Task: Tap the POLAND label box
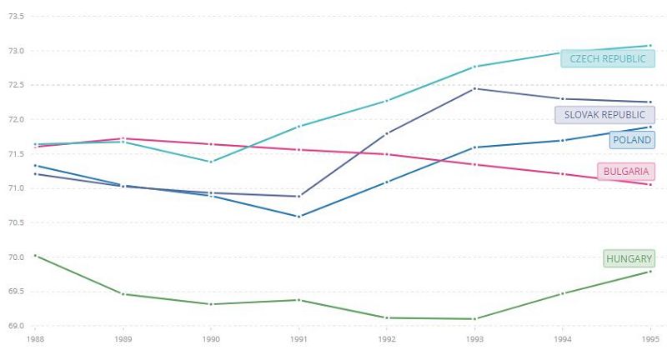[x=631, y=140]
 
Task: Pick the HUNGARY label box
[x=629, y=259]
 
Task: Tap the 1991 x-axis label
[x=298, y=340]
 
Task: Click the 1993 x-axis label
[x=474, y=340]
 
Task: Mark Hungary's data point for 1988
[x=35, y=256]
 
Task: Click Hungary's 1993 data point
[x=474, y=318]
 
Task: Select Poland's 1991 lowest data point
[x=298, y=217]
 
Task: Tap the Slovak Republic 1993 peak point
[x=474, y=88]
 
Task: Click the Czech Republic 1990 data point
[x=211, y=162]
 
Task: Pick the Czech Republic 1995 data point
[x=649, y=46]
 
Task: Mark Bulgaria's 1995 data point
[x=649, y=184]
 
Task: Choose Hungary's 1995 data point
[x=649, y=272]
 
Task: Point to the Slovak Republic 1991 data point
[x=298, y=196]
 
